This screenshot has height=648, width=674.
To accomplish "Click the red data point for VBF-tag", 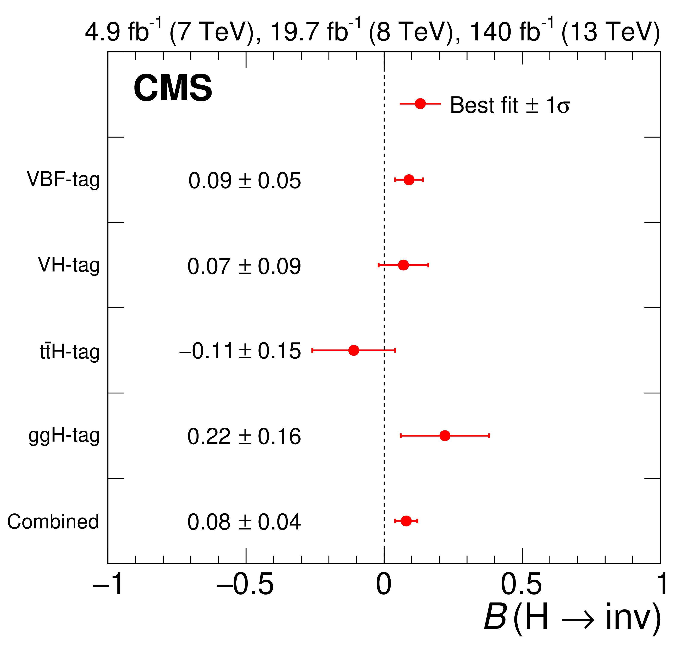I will (409, 179).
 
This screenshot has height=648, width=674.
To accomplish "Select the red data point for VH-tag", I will (403, 265).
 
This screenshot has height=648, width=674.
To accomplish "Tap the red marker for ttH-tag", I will (354, 350).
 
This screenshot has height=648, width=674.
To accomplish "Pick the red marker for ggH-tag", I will (445, 435).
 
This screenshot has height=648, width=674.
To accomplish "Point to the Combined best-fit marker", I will (406, 521).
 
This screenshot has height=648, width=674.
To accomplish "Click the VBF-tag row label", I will (63, 179).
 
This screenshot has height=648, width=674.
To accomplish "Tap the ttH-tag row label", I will (70, 351).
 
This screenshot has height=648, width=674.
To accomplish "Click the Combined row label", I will (53, 521).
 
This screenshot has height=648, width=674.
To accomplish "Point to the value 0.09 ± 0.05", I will (244, 181).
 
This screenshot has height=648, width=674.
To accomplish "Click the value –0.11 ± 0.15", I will (240, 351).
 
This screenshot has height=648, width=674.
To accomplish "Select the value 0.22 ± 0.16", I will (244, 436).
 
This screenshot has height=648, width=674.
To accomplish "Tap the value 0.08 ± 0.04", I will (244, 522).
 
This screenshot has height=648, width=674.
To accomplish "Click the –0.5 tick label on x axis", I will (245, 584).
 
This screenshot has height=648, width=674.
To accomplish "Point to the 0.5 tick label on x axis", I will (521, 584).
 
